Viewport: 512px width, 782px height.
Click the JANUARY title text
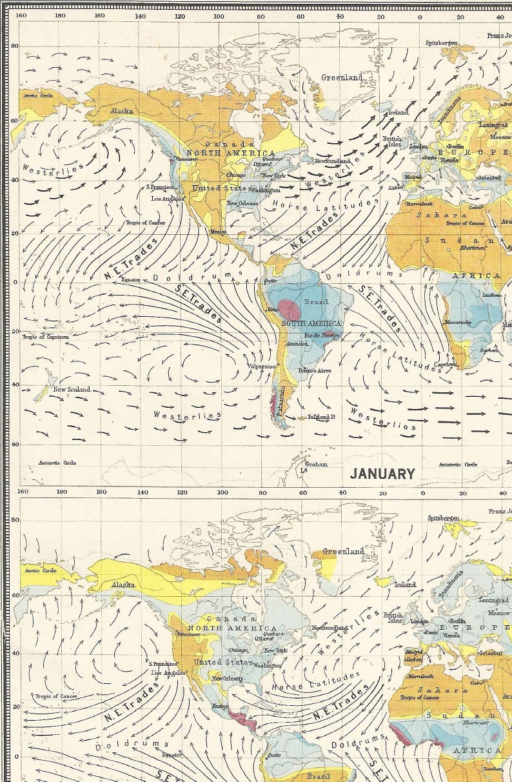pyautogui.click(x=382, y=474)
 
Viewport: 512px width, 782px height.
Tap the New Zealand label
pyautogui.click(x=72, y=390)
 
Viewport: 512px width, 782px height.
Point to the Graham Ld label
pyautogui.click(x=316, y=466)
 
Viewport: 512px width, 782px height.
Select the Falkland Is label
pyautogui.click(x=322, y=417)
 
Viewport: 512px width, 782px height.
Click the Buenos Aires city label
pyautogui.click(x=315, y=370)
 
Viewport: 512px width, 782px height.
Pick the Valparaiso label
pyautogui.click(x=262, y=366)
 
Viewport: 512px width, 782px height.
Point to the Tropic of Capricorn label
pyautogui.click(x=46, y=337)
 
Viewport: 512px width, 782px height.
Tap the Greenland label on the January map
pyautogui.click(x=342, y=77)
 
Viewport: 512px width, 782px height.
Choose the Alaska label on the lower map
pyautogui.click(x=123, y=585)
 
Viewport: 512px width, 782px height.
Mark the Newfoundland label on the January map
pyautogui.click(x=332, y=161)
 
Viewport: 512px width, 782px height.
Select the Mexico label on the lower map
pyautogui.click(x=221, y=707)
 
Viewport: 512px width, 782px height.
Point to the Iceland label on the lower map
pyautogui.click(x=406, y=585)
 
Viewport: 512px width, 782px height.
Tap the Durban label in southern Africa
pyautogui.click(x=488, y=350)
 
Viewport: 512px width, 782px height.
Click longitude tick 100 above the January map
pyautogui.click(x=219, y=15)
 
